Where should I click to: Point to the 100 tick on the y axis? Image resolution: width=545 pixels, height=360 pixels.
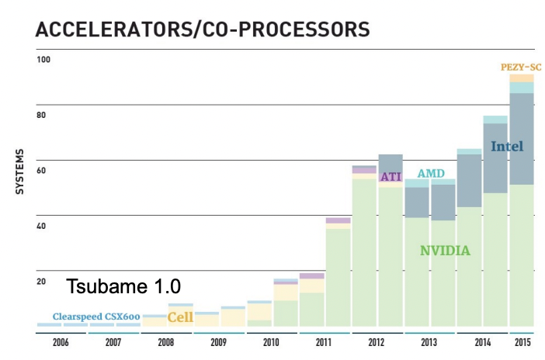tap(44, 60)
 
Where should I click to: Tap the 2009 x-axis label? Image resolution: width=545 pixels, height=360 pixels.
tap(218, 341)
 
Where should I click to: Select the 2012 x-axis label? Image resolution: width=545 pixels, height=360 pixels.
tap(377, 341)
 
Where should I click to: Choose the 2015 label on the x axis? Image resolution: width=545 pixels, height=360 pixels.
tap(522, 341)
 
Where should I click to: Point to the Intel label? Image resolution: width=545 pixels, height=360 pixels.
tap(508, 146)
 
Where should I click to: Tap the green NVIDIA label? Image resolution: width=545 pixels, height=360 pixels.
tap(445, 251)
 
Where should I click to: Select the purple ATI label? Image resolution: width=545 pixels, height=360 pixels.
tap(390, 177)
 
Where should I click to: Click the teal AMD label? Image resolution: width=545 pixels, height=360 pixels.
tap(431, 174)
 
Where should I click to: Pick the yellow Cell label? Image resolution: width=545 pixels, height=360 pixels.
tap(180, 317)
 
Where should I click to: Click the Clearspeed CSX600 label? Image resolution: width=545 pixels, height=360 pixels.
tap(97, 317)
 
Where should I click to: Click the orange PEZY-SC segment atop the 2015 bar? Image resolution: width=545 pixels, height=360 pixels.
tap(522, 78)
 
